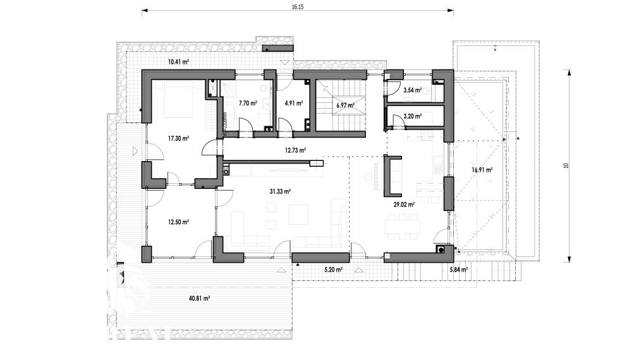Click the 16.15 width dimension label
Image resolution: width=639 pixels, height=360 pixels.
[x=298, y=6]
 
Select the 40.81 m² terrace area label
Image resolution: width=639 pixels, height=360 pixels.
[x=199, y=299]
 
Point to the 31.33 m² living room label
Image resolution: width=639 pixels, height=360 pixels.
[x=280, y=191]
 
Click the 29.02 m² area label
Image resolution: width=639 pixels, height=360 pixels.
[x=404, y=205]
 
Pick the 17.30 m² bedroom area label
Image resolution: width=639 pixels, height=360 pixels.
[x=178, y=138]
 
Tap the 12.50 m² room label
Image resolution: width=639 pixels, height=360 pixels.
[x=178, y=222]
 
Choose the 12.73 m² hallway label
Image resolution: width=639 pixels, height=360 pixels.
[x=295, y=150]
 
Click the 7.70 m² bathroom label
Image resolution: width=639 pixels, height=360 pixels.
[x=248, y=104]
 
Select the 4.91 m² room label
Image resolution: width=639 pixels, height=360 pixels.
[x=293, y=104]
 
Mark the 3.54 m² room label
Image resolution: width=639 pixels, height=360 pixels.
[x=413, y=90]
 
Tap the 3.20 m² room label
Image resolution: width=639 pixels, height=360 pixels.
[x=413, y=116]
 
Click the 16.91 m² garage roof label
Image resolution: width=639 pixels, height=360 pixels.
[x=482, y=171]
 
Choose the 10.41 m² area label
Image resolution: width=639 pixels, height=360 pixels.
[x=178, y=63]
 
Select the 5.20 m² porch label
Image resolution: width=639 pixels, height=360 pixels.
[x=333, y=270]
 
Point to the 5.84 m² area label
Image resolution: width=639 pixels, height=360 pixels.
[x=458, y=270]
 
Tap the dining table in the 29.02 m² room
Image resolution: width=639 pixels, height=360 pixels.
[x=403, y=227]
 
